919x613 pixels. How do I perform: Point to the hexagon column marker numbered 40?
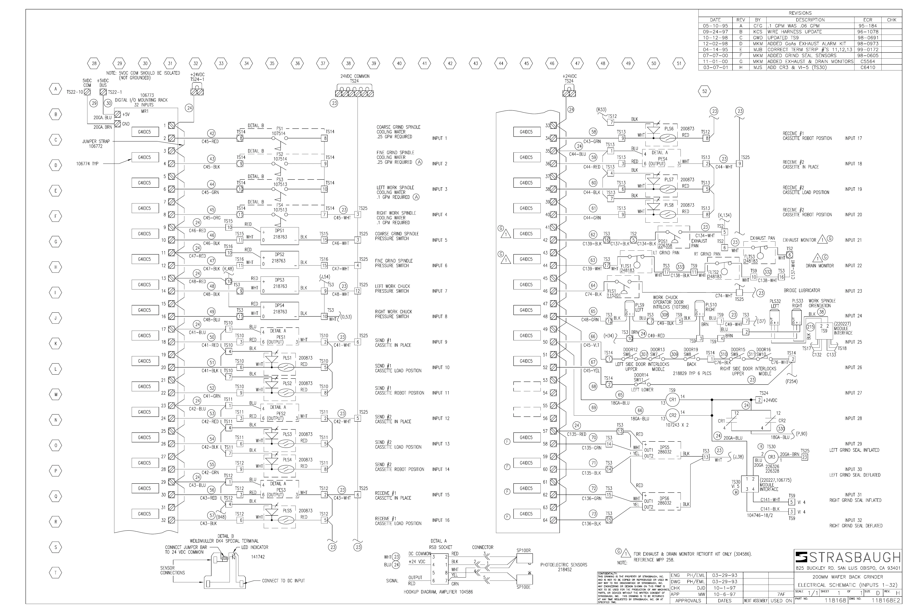pyautogui.click(x=399, y=63)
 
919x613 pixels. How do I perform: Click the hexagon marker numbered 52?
pyautogui.click(x=704, y=92)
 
